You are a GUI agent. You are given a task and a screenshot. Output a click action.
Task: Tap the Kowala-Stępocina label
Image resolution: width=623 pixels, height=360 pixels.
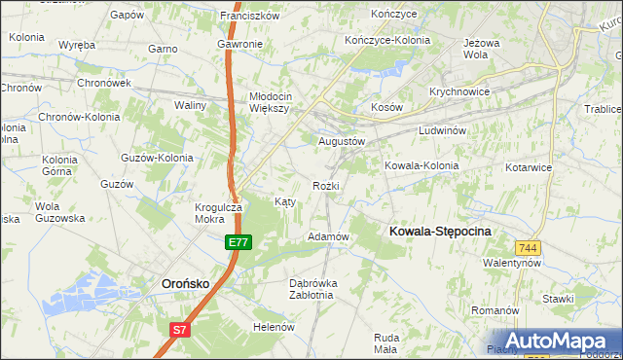click(440, 231)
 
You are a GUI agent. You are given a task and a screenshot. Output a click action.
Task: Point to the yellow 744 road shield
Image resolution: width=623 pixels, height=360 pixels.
click(529, 248)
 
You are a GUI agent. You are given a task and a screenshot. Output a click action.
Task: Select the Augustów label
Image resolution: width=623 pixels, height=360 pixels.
click(342, 141)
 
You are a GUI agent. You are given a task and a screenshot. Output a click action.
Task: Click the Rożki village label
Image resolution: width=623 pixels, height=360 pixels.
click(326, 185)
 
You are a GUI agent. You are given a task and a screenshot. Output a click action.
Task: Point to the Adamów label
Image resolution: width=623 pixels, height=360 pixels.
click(328, 236)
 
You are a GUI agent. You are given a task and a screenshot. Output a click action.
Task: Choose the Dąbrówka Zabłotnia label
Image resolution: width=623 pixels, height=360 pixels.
click(313, 290)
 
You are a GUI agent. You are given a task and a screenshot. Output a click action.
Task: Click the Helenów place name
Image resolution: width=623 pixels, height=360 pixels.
click(274, 327)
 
